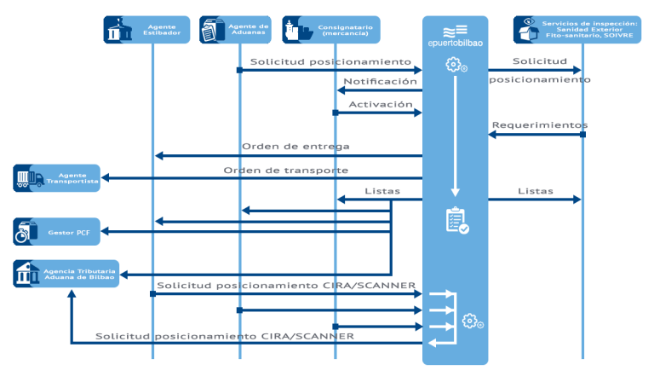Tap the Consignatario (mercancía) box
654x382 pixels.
[331, 29]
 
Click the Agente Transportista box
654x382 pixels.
[56, 178]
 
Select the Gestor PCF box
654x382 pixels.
[56, 231]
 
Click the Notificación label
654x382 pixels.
[380, 81]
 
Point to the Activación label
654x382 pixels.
[381, 104]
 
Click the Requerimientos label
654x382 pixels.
[539, 125]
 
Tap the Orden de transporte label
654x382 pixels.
[285, 170]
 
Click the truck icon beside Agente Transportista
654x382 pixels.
[29, 178]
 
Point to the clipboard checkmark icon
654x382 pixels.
[456, 221]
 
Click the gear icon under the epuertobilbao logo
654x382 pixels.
[456, 65]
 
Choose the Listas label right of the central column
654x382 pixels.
[535, 191]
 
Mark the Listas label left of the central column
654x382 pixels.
[381, 191]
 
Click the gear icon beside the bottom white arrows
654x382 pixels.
[472, 321]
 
